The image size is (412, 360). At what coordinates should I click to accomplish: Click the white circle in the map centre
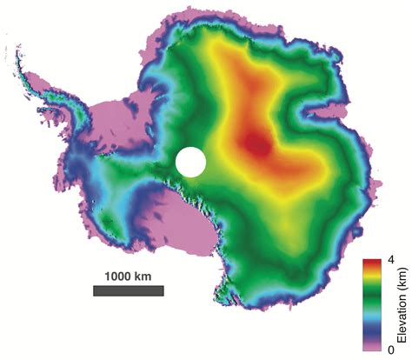[x=190, y=162]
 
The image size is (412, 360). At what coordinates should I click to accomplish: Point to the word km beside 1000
[x=145, y=275]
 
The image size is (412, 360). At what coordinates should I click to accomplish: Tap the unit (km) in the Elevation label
[x=397, y=282]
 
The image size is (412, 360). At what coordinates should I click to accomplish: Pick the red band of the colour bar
[x=374, y=263]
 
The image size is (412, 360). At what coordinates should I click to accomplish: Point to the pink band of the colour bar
[x=374, y=346]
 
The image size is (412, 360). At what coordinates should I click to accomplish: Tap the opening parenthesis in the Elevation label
[x=397, y=290]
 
